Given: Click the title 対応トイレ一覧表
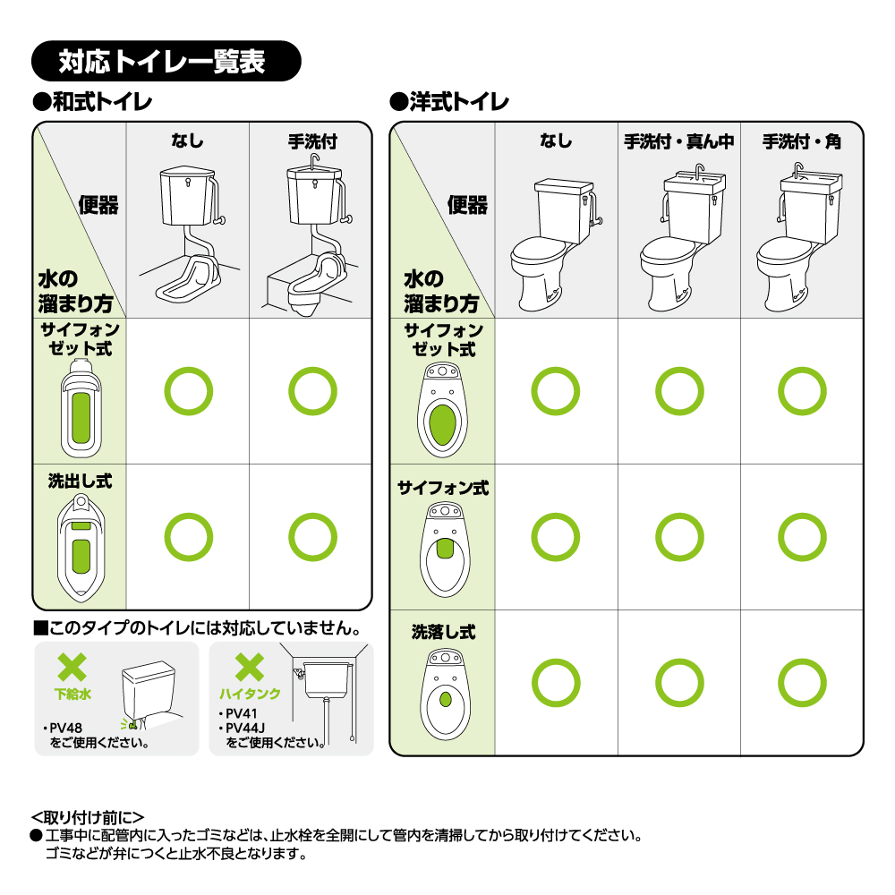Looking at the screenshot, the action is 161,61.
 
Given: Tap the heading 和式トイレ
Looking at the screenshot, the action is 93,102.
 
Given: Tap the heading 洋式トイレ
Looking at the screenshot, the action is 449,102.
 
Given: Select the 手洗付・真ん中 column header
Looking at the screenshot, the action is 678,141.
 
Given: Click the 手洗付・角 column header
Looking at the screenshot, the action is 802,141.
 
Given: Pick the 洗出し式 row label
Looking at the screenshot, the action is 80,482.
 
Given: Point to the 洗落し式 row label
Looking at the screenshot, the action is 444,632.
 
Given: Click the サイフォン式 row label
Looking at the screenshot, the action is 443,488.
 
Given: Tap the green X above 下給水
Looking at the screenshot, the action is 72,668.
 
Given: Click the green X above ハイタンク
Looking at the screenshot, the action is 250,668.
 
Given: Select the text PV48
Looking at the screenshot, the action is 65,728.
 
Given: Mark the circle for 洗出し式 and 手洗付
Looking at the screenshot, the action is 312,514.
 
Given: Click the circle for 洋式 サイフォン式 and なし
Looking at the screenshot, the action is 556,514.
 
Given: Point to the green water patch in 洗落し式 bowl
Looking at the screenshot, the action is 446,699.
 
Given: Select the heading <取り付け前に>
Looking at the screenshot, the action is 88,817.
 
